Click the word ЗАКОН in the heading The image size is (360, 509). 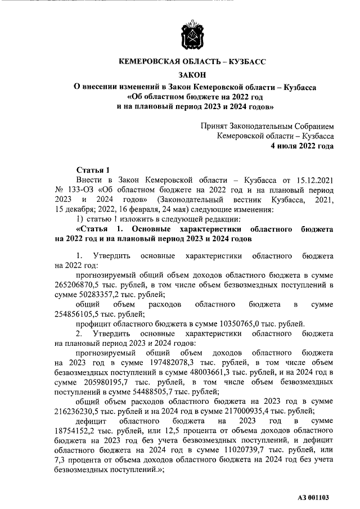pos(193,75)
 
